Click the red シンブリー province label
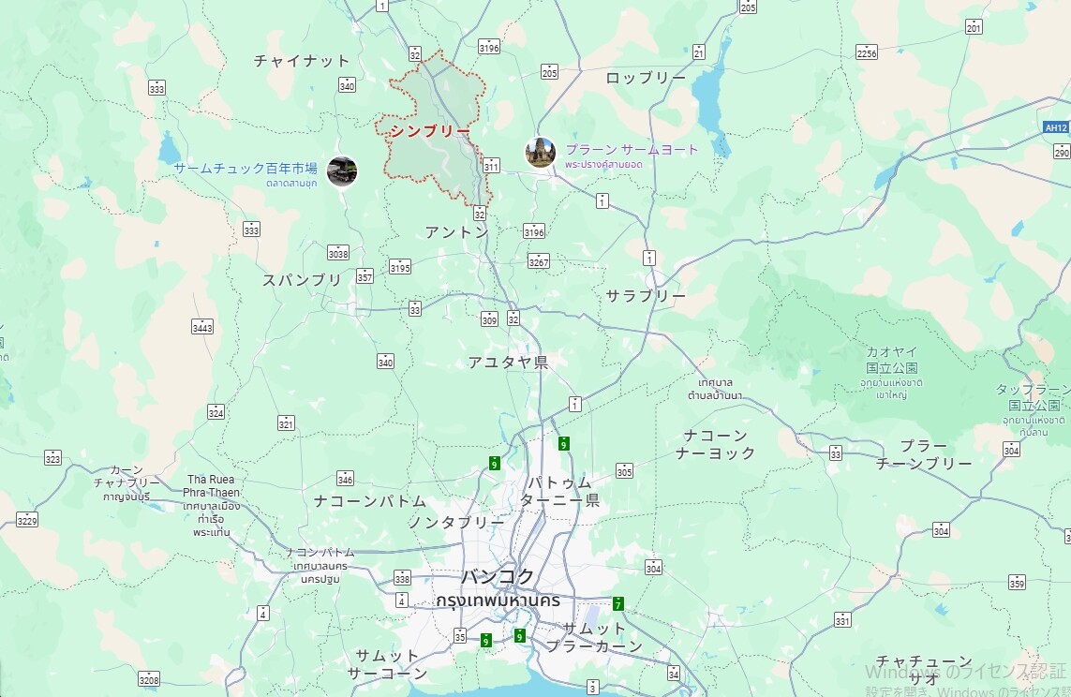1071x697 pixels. [x=430, y=131]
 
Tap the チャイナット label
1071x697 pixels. [x=302, y=61]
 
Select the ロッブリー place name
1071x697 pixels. [x=646, y=78]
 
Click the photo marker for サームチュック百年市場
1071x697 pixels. [x=342, y=171]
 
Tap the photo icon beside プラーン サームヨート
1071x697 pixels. [x=541, y=152]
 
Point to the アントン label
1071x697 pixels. [x=456, y=231]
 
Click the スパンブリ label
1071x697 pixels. [x=302, y=279]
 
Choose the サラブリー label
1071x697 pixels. [x=646, y=295]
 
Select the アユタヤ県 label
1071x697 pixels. [x=508, y=362]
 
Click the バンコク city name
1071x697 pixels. [x=498, y=576]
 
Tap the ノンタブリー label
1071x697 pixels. [x=455, y=522]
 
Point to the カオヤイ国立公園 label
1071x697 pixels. [x=891, y=360]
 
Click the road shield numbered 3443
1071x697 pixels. [x=202, y=326]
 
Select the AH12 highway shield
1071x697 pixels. [x=1056, y=126]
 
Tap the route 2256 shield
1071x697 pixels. [x=866, y=52]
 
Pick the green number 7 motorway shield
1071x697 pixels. [x=618, y=603]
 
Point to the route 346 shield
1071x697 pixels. [x=345, y=479]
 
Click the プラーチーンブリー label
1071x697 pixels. [x=923, y=454]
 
